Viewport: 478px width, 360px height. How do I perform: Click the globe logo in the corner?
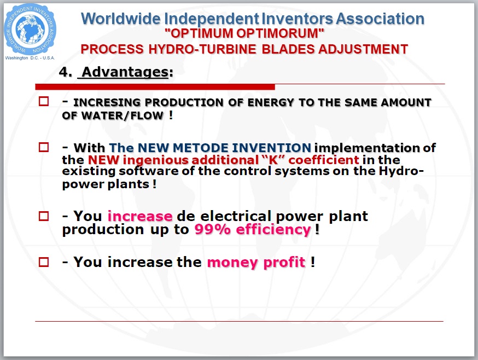(x=30, y=30)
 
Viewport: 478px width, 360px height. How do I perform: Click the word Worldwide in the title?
(x=121, y=19)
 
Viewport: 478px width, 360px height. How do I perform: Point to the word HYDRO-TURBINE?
(x=202, y=49)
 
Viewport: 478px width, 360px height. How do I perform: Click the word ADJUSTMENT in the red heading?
(x=363, y=49)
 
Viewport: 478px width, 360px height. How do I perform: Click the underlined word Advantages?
(x=125, y=72)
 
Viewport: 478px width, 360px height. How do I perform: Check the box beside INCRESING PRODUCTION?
(x=44, y=101)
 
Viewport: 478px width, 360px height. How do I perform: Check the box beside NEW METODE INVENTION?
(x=44, y=147)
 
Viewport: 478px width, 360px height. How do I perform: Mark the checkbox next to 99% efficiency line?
(x=44, y=216)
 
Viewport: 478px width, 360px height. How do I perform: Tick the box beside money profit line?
(x=44, y=262)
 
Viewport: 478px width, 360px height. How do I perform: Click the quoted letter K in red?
(x=273, y=160)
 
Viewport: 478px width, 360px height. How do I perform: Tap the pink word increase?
(x=140, y=216)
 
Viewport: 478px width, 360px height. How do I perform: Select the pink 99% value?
(x=213, y=229)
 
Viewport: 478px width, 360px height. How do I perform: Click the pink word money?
(x=232, y=263)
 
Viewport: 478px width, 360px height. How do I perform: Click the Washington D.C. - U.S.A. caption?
(x=30, y=58)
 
